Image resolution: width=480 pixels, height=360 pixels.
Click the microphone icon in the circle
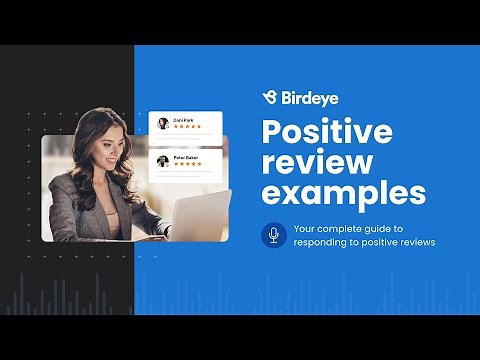pos(272,235)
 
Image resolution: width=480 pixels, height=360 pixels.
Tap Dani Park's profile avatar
pos(163,124)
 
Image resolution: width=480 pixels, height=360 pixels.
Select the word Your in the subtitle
pos(304,229)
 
